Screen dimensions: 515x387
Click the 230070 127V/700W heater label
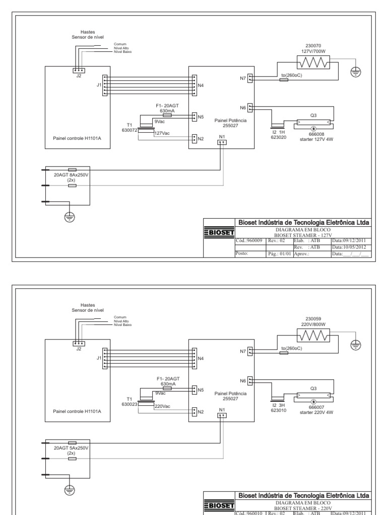coord(313,48)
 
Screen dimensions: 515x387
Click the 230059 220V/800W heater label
coord(313,321)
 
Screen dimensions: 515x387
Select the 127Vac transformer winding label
coord(162,133)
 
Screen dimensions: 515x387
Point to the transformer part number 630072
coord(129,130)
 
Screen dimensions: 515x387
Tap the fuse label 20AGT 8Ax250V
coord(71,175)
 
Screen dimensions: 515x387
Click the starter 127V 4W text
coord(313,139)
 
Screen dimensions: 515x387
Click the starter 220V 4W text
coord(313,412)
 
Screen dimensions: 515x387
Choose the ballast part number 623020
coord(279,136)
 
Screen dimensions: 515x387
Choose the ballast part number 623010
coord(279,409)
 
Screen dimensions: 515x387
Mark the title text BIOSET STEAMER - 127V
coord(303,234)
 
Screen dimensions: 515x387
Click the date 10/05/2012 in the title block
coord(350,247)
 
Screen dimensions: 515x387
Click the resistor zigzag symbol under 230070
coord(313,62)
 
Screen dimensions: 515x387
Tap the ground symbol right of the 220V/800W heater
coord(356,344)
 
